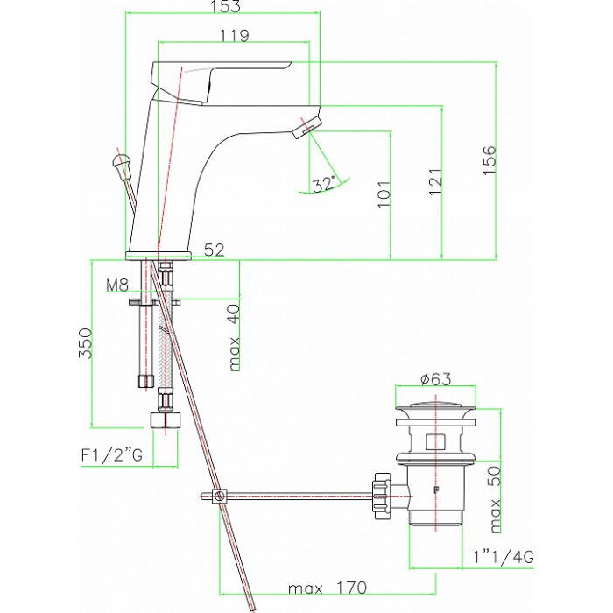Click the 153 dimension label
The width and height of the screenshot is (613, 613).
click(225, 6)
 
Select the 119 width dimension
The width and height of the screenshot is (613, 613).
click(234, 36)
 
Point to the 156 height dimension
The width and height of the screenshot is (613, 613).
click(489, 160)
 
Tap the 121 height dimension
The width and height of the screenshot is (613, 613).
click(435, 182)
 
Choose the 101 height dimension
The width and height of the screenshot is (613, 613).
click(384, 194)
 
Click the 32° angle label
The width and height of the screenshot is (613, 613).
click(324, 183)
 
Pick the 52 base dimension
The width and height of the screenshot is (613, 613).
click(215, 250)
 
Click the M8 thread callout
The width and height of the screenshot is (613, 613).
click(117, 285)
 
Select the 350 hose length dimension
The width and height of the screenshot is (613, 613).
click(86, 343)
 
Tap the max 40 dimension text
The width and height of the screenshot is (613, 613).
click(234, 338)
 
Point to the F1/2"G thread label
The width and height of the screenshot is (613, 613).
click(112, 455)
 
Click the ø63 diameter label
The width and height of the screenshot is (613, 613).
click(435, 379)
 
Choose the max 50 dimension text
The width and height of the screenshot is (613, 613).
click(495, 500)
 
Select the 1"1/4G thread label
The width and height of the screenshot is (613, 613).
click(504, 557)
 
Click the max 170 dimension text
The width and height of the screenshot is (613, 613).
click(328, 588)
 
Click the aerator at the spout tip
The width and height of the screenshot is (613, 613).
click(307, 127)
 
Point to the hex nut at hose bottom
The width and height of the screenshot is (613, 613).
click(166, 420)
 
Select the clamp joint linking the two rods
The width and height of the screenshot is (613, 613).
click(220, 497)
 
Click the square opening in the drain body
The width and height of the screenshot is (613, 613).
click(435, 441)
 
